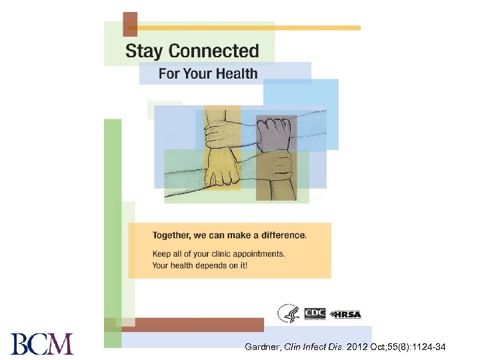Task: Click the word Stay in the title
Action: point(145,51)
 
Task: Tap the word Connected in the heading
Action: point(213,51)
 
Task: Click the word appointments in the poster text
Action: point(259,254)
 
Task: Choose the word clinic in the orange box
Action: point(217,254)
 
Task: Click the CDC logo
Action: point(314,313)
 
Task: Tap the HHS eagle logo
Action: point(289,313)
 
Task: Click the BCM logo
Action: point(41,345)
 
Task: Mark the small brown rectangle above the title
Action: point(130,24)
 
